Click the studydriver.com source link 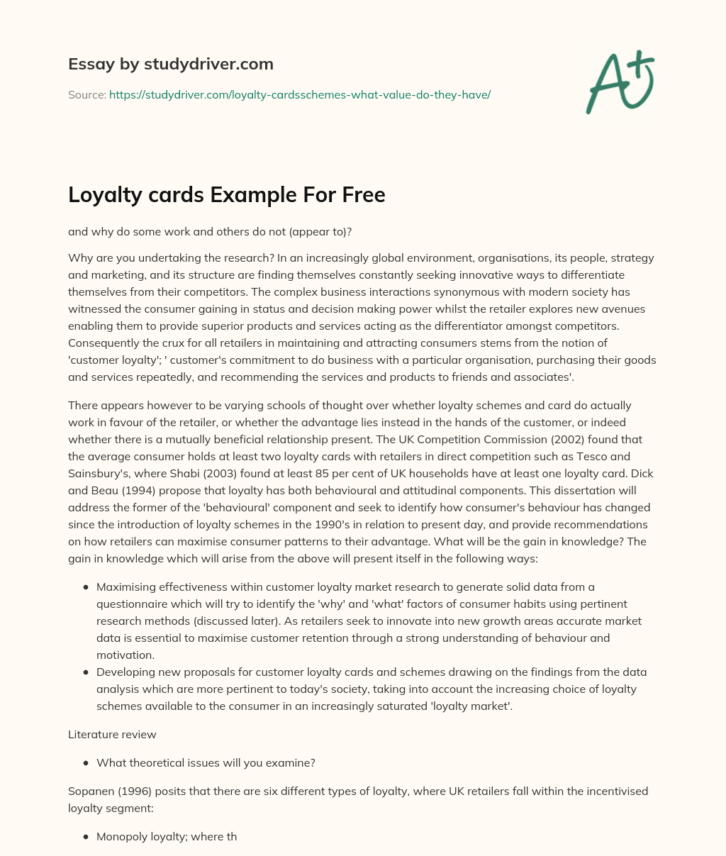[300, 94]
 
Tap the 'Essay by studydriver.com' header [170, 64]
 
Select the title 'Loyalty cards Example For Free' [226, 194]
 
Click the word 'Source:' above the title [86, 94]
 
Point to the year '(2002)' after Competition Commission [600, 440]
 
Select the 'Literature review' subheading [112, 734]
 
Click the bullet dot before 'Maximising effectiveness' [86, 587]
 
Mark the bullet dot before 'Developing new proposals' [86, 672]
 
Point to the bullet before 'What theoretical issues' [86, 763]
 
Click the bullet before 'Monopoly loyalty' [86, 837]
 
